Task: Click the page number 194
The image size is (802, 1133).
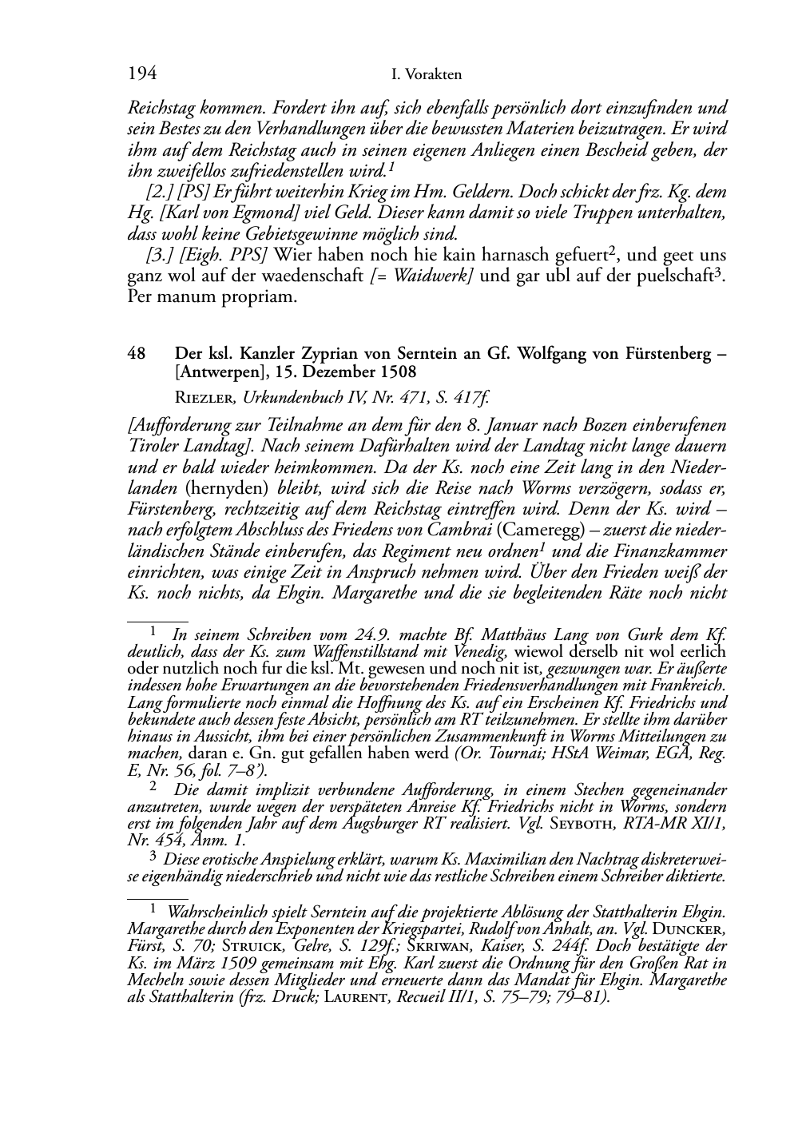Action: pos(141,74)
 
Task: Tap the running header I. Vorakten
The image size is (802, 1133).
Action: pos(427,75)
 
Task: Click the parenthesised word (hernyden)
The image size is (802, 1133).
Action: pos(228,486)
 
